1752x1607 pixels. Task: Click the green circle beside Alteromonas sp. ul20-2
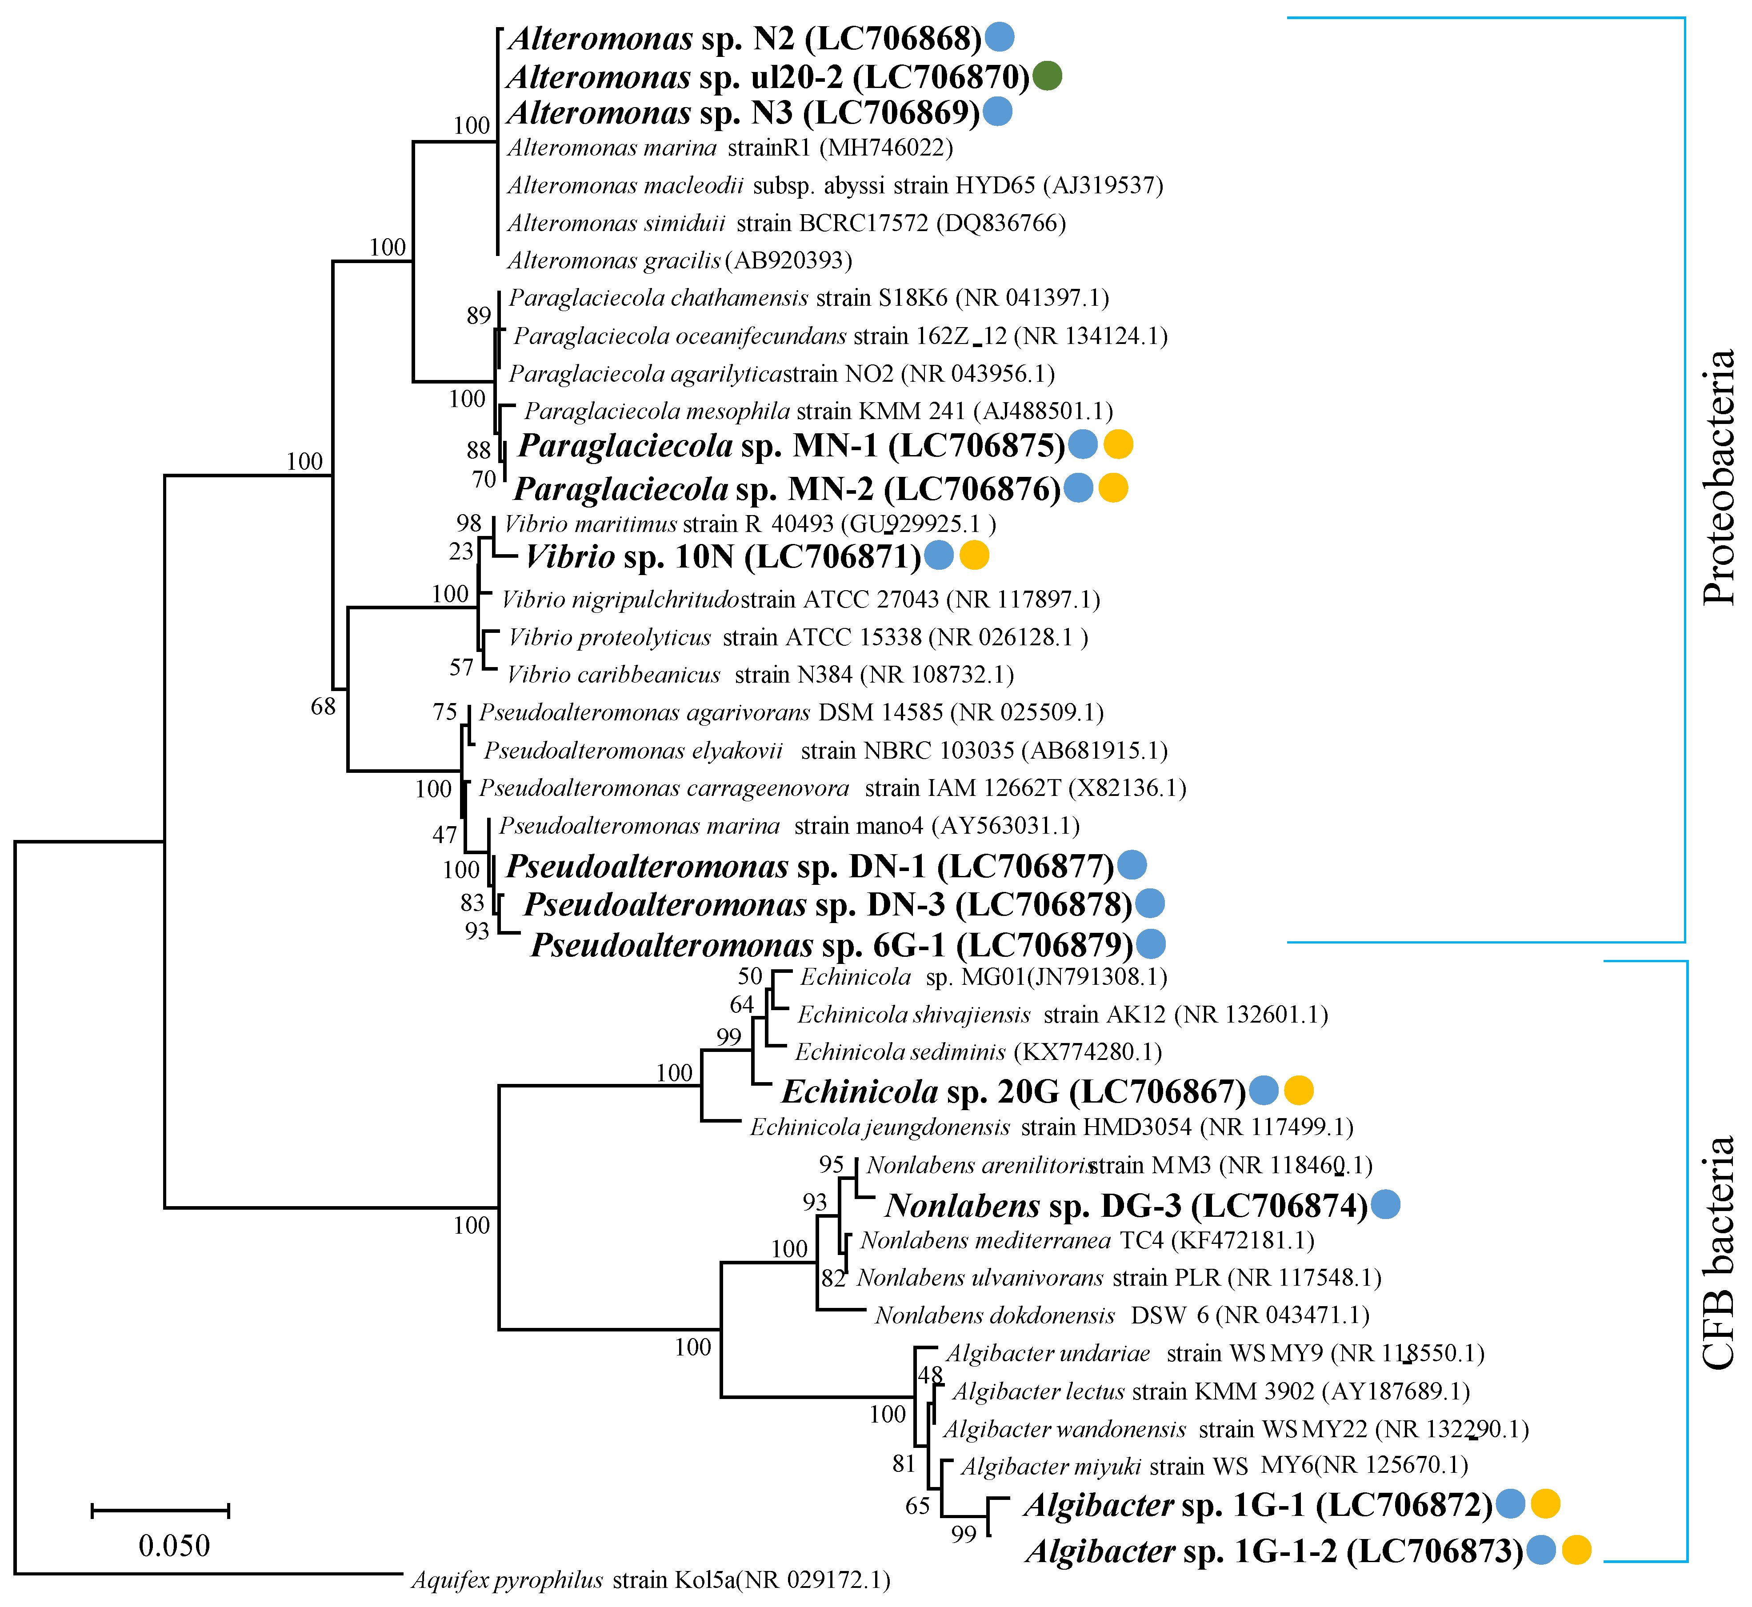pyautogui.click(x=1048, y=76)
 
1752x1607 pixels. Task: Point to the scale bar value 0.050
pyautogui.click(x=174, y=1545)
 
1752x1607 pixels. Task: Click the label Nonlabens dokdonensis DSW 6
pyautogui.click(x=1122, y=1315)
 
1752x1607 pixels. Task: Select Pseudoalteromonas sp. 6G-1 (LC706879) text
pyautogui.click(x=832, y=944)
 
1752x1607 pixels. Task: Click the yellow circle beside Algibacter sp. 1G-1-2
pyautogui.click(x=1576, y=1550)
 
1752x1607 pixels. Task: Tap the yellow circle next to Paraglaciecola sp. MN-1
pyautogui.click(x=1118, y=444)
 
